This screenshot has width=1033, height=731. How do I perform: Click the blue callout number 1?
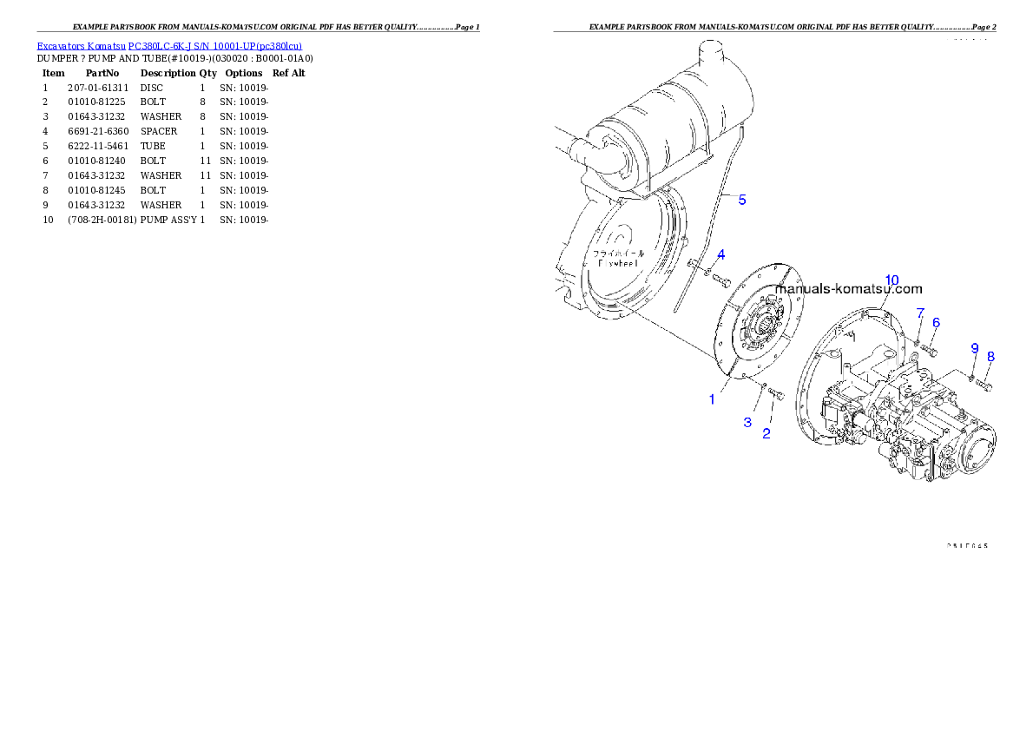(712, 399)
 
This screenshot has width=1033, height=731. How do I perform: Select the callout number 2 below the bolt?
(767, 434)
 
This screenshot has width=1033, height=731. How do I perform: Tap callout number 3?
(747, 422)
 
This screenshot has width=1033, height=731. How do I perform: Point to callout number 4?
(720, 254)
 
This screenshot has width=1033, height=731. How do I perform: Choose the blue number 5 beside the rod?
(742, 200)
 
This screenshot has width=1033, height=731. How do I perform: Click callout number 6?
(936, 322)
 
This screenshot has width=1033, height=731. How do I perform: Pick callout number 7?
(921, 313)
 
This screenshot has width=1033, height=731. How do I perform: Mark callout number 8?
(990, 356)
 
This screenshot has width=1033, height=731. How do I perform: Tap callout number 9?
(975, 348)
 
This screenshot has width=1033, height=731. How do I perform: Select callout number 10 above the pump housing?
(892, 280)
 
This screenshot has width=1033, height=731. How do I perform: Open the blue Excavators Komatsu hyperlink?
(169, 46)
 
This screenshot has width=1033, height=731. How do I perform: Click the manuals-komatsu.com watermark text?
(849, 290)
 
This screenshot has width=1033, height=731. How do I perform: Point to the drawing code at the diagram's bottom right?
(967, 546)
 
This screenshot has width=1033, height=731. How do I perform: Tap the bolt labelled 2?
(777, 396)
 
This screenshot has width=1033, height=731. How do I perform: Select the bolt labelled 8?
(984, 383)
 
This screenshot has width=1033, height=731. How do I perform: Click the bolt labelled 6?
(929, 351)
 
